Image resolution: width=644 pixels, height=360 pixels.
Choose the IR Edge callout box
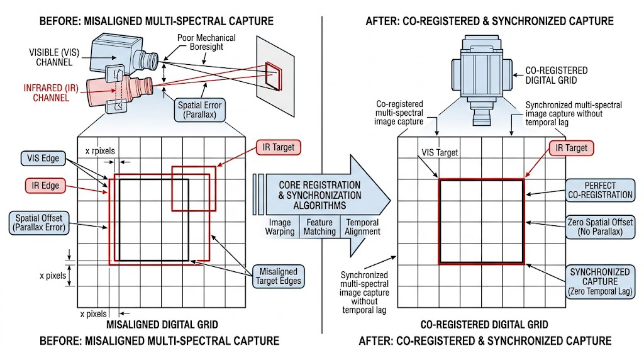[45, 186]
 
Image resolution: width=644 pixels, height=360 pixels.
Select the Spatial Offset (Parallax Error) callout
[38, 222]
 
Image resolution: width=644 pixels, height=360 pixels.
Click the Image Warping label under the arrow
[280, 227]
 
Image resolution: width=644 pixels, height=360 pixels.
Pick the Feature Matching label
[319, 227]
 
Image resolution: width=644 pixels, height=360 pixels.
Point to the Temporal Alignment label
[362, 227]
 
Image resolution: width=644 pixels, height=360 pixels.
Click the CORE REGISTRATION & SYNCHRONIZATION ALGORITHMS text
[321, 195]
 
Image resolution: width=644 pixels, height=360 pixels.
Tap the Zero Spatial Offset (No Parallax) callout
[600, 227]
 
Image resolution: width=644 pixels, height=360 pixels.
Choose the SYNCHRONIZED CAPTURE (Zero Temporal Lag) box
[600, 281]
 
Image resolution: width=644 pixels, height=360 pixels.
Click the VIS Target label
[440, 152]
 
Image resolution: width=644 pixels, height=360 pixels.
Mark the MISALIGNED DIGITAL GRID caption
[162, 325]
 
